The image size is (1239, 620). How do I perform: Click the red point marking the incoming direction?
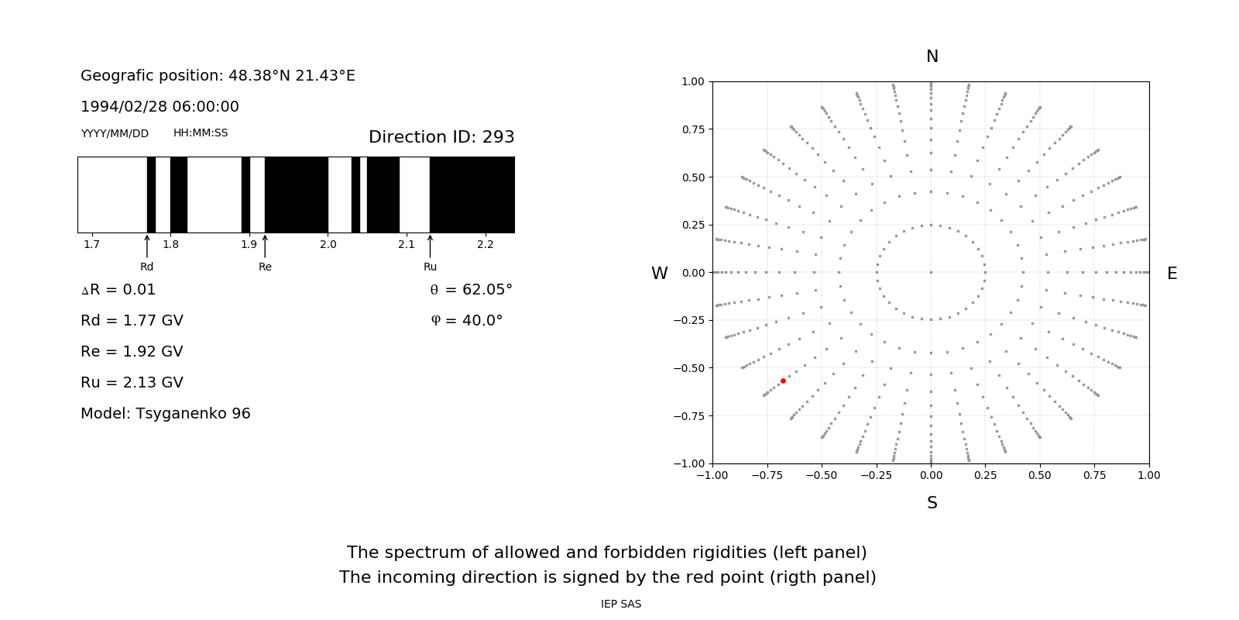coord(783,381)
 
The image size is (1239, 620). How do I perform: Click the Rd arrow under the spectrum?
coord(147,246)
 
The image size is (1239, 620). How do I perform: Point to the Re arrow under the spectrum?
coord(265,246)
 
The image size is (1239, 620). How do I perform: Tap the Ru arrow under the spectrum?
coord(430,246)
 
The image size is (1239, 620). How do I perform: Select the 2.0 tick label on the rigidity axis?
coord(328,245)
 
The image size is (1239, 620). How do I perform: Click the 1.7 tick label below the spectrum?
coord(91,245)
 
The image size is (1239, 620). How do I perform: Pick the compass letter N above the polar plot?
coord(932,57)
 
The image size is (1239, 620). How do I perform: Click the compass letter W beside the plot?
coord(659,274)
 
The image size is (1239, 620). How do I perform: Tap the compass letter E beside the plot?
coord(1172,274)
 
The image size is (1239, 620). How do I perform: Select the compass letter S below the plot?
coord(932,503)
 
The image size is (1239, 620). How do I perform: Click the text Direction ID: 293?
coord(441,137)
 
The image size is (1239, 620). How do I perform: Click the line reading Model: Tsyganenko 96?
coord(166,414)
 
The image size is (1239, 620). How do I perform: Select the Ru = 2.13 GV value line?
coord(132,383)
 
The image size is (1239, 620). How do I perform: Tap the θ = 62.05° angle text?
coord(471,290)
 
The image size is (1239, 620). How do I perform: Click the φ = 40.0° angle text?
coord(466,321)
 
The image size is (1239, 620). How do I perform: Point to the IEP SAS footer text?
coord(621,604)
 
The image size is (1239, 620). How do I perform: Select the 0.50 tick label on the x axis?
coord(1040,475)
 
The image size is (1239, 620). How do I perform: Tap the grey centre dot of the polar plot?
coord(931,272)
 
